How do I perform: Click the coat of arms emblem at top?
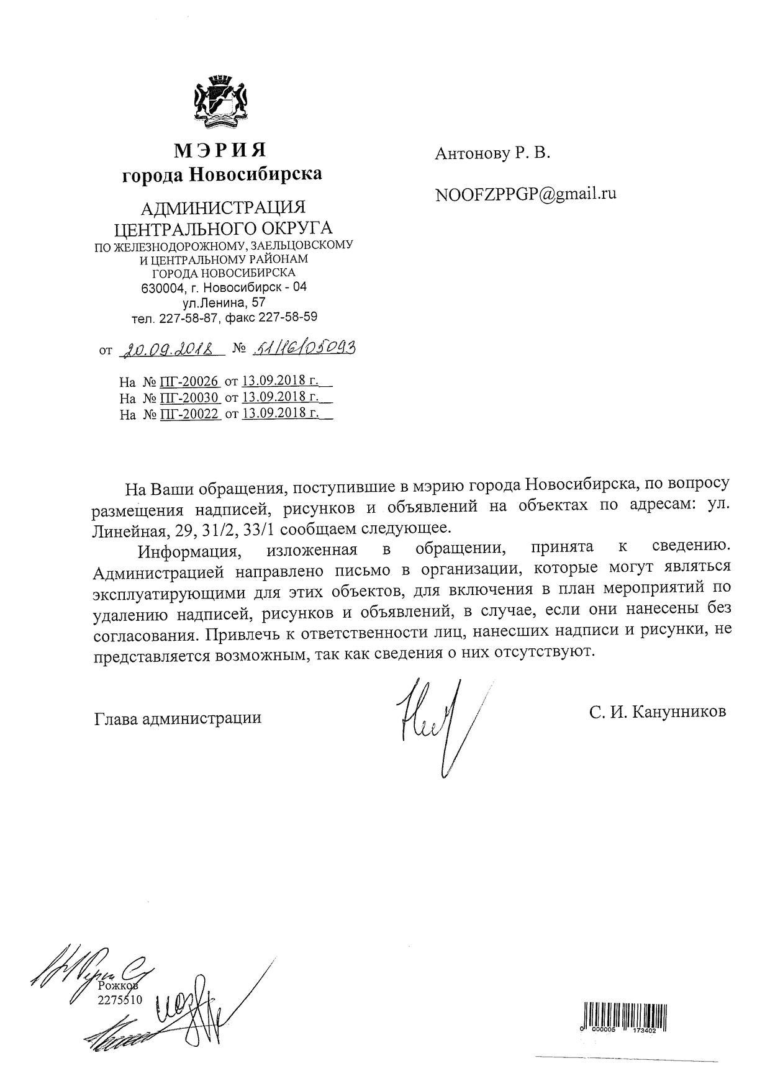coord(222,99)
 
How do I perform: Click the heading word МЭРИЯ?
coord(220,150)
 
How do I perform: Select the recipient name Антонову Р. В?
coord(492,153)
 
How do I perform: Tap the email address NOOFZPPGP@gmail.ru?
coord(526,194)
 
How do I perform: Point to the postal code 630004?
coord(159,289)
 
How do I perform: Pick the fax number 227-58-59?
coord(288,318)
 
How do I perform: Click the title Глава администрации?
coord(178,718)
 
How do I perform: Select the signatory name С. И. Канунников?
coord(658,712)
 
